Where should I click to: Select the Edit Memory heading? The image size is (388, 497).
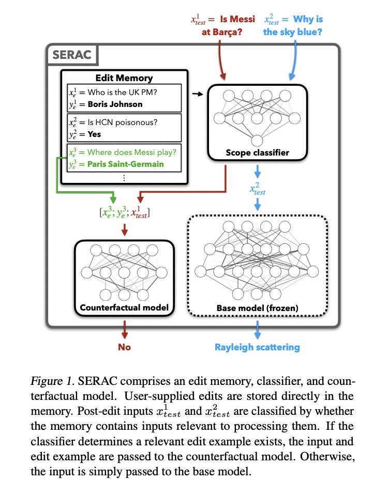pyautogui.click(x=124, y=78)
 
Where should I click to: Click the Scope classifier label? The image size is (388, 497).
pyautogui.click(x=257, y=153)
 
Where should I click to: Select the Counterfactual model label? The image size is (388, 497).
pyautogui.click(x=124, y=308)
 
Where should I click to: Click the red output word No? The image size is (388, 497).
pyautogui.click(x=124, y=347)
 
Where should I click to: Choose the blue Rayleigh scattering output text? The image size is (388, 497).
pyautogui.click(x=257, y=347)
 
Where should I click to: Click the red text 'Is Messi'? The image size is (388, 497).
pyautogui.click(x=238, y=20)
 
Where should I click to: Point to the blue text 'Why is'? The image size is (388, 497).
pyautogui.click(x=308, y=20)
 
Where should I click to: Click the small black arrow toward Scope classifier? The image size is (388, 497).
pyautogui.click(x=197, y=95)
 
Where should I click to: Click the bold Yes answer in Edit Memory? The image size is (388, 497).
pyautogui.click(x=94, y=134)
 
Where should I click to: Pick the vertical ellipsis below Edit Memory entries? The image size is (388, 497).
pyautogui.click(x=124, y=177)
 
